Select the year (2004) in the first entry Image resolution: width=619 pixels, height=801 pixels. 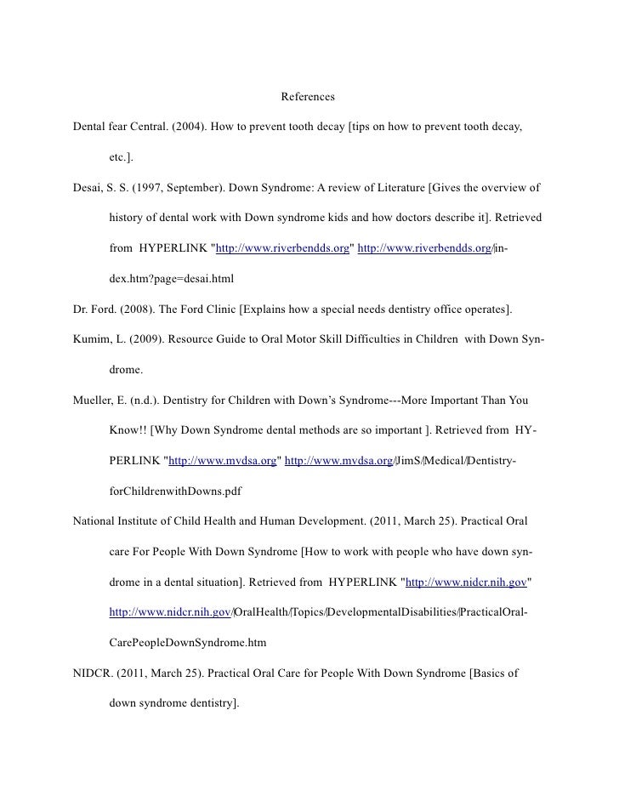pos(187,127)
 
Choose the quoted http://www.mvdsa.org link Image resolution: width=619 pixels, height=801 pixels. pos(223,461)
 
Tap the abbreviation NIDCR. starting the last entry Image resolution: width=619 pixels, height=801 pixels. pos(95,673)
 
